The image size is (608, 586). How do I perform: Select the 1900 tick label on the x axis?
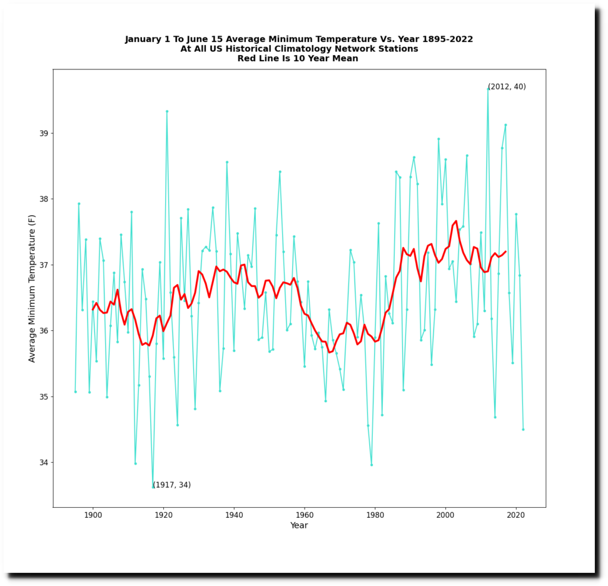93,516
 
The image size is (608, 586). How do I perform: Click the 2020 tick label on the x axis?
516,516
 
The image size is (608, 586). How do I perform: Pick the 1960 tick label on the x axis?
305,516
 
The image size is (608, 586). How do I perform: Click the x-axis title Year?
299,526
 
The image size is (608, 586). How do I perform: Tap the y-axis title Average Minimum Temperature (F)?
32,288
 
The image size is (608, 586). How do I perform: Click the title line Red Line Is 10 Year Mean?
298,58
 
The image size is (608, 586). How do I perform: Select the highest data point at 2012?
488,88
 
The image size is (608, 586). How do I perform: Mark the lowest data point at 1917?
153,487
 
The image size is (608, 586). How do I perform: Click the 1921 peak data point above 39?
167,111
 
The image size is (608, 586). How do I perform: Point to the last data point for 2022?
523,429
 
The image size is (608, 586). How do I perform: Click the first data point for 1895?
75,391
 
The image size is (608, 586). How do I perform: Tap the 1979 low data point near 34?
372,464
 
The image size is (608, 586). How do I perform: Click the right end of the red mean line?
505,251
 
